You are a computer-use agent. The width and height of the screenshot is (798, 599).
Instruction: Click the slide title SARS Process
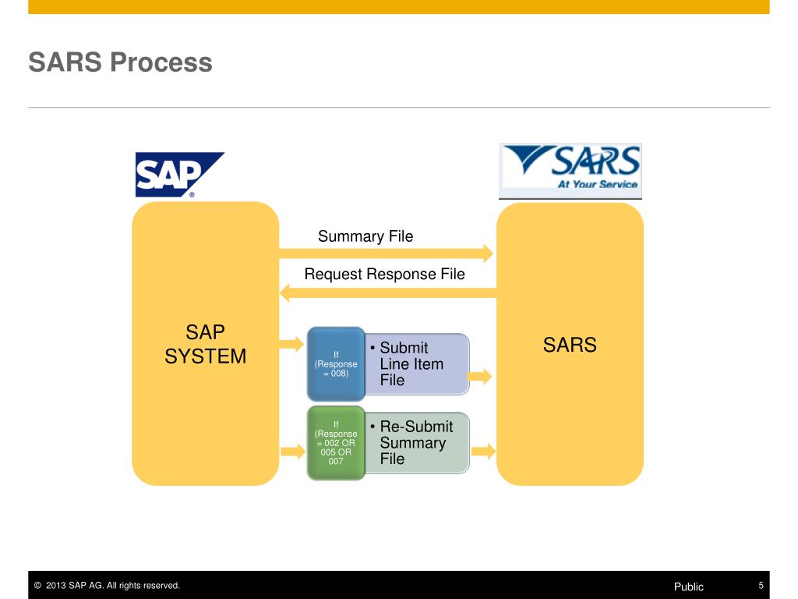coord(120,62)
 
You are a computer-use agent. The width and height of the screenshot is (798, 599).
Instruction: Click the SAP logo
coord(178,174)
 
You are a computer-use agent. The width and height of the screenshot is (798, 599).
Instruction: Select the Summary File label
coord(365,236)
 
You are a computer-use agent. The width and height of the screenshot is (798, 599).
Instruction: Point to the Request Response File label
coord(384,274)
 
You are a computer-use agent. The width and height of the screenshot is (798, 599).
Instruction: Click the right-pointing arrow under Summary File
coord(387,253)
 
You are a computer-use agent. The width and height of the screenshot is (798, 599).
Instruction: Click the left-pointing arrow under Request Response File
coord(387,292)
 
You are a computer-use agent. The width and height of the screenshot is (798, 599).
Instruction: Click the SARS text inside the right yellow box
coord(570,345)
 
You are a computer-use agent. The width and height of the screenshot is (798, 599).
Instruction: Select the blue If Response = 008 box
coord(336,364)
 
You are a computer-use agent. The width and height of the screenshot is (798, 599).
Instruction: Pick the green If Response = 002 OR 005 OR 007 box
coord(336,442)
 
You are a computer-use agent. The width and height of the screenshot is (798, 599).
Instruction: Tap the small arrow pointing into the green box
coord(291,450)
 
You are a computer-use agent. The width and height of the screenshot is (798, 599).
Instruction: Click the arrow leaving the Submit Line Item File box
coord(480,377)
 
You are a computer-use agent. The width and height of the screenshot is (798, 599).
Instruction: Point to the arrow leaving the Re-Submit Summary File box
coord(483,451)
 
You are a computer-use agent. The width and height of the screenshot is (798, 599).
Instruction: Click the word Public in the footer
coord(689,587)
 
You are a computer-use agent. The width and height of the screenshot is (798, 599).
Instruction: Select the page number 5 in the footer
coord(761,586)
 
